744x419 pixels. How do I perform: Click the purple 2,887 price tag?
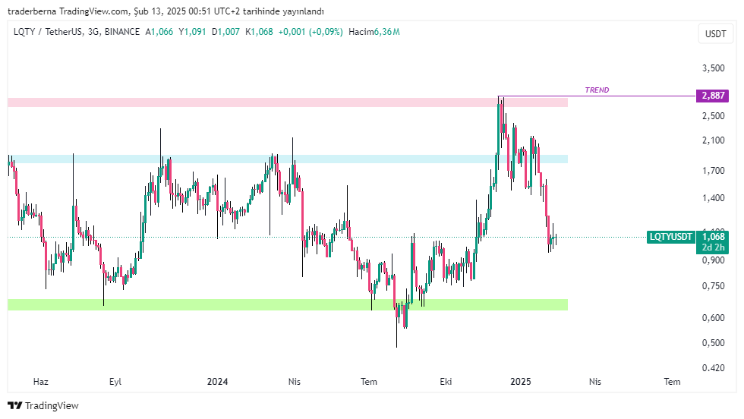712,96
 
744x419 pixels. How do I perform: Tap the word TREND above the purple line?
597,90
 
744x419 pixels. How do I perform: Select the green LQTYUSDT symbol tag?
671,237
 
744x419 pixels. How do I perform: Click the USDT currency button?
715,33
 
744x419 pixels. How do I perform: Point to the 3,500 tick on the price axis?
714,68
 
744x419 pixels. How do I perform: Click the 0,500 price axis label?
714,342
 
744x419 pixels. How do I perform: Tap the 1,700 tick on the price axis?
714,170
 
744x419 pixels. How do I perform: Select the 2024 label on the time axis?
217,382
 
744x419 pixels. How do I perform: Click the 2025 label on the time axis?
521,382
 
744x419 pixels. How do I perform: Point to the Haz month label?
41,382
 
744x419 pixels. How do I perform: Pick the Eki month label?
446,382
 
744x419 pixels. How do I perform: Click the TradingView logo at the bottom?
43,405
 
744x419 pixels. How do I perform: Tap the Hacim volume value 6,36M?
386,32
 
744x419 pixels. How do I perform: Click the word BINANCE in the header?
122,32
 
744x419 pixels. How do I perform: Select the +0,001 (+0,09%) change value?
311,32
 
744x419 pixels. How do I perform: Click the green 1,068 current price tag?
713,236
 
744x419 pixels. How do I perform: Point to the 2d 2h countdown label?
713,247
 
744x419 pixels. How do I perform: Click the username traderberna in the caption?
32,11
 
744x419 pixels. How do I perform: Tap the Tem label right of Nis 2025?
672,382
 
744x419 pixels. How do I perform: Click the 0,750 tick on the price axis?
714,285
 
